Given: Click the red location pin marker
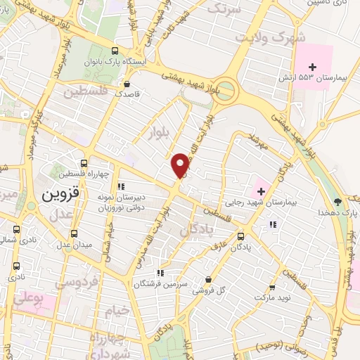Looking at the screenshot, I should click(x=181, y=165).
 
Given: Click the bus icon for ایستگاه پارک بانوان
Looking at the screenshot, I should click(x=115, y=51).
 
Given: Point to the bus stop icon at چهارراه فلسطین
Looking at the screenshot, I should click(x=84, y=163).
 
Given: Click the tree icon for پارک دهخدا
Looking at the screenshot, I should click(x=337, y=200).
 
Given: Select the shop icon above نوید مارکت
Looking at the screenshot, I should click(x=271, y=287).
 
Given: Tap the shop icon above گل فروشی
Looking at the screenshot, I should click(x=208, y=278).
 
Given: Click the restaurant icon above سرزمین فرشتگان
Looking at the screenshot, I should click(x=160, y=273).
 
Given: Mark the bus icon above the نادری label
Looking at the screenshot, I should click(x=16, y=266).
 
